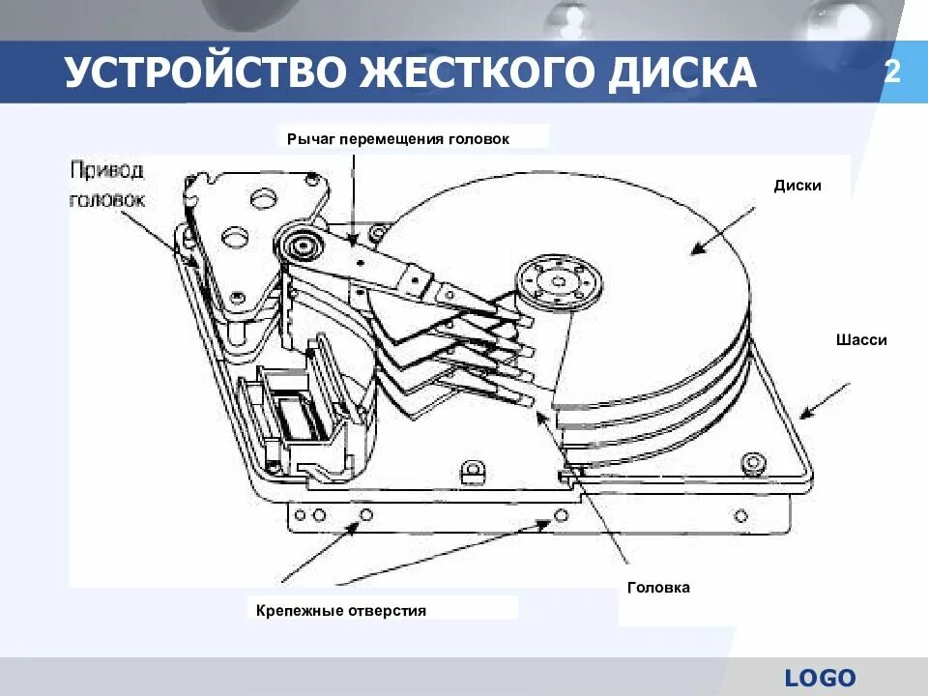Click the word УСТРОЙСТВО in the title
point(205,73)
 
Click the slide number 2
point(892,72)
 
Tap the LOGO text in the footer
point(821,678)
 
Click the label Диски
point(797,185)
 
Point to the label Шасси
point(861,339)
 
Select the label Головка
point(658,587)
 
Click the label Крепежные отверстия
point(341,611)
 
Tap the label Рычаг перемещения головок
point(411,138)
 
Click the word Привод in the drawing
point(107,171)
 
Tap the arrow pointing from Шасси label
point(824,399)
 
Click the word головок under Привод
point(107,200)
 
